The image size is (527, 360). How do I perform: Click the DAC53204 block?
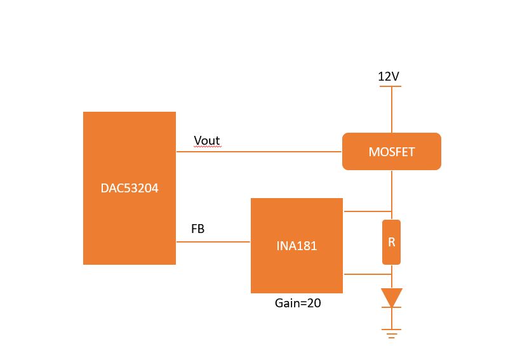point(130,188)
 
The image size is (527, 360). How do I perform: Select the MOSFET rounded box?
point(392,151)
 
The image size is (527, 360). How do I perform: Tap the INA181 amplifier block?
point(297,246)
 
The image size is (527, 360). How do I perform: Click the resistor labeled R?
point(391,242)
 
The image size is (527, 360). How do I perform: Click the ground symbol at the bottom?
point(391,333)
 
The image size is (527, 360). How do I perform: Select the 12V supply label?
point(389,76)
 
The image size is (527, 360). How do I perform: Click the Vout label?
point(207,140)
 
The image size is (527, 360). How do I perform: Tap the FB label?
point(197,229)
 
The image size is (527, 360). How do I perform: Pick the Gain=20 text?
point(298,303)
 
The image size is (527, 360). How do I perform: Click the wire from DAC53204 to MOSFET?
point(259,152)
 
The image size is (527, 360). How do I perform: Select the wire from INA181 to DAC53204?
point(213,242)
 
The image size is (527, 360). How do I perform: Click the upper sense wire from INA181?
point(368,211)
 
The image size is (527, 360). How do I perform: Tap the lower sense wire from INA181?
point(368,274)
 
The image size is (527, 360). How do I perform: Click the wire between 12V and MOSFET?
point(392,110)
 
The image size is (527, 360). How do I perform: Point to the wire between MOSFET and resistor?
point(392,195)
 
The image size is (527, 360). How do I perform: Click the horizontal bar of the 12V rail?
point(390,86)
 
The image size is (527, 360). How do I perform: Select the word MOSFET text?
point(392,152)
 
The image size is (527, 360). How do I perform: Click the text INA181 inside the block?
point(297,246)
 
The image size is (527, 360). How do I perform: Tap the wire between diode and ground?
point(392,318)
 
